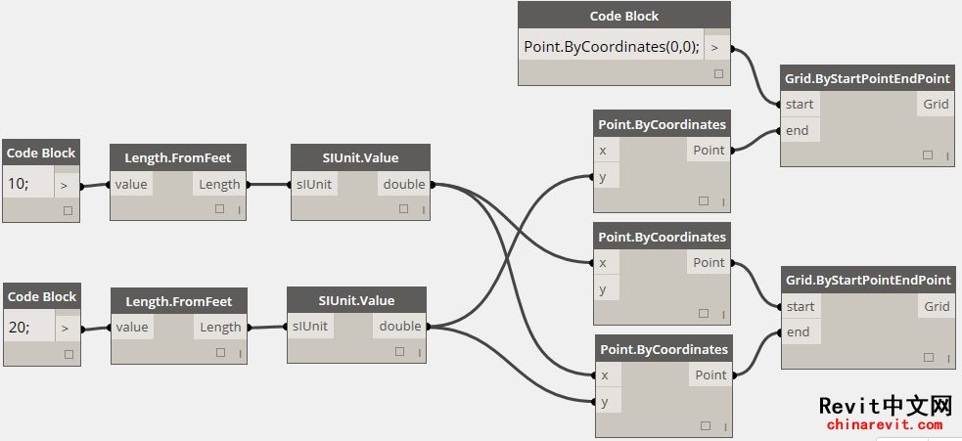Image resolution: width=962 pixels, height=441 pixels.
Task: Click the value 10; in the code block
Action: (x=19, y=184)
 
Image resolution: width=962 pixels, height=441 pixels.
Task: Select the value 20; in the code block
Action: (x=19, y=328)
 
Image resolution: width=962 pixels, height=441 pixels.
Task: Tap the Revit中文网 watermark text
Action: (x=886, y=406)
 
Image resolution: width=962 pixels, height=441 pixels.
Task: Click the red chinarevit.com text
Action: (x=884, y=424)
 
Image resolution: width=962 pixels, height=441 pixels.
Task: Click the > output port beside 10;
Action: (x=64, y=185)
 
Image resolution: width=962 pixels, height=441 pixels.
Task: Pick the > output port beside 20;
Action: (x=65, y=329)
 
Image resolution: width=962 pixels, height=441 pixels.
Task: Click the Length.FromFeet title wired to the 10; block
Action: (x=178, y=157)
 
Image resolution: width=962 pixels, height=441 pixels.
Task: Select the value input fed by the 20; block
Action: (x=131, y=327)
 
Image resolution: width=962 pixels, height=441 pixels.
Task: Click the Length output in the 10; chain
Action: (x=219, y=184)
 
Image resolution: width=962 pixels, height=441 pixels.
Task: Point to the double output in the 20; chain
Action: (x=400, y=327)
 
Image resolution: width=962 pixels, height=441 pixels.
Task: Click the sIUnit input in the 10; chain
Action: (x=314, y=184)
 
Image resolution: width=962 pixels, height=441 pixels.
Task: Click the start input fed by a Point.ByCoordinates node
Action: (x=801, y=307)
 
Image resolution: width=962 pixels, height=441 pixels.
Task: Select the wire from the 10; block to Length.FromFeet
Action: (x=95, y=185)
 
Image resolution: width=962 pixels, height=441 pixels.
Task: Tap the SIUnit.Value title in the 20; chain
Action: (x=356, y=301)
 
